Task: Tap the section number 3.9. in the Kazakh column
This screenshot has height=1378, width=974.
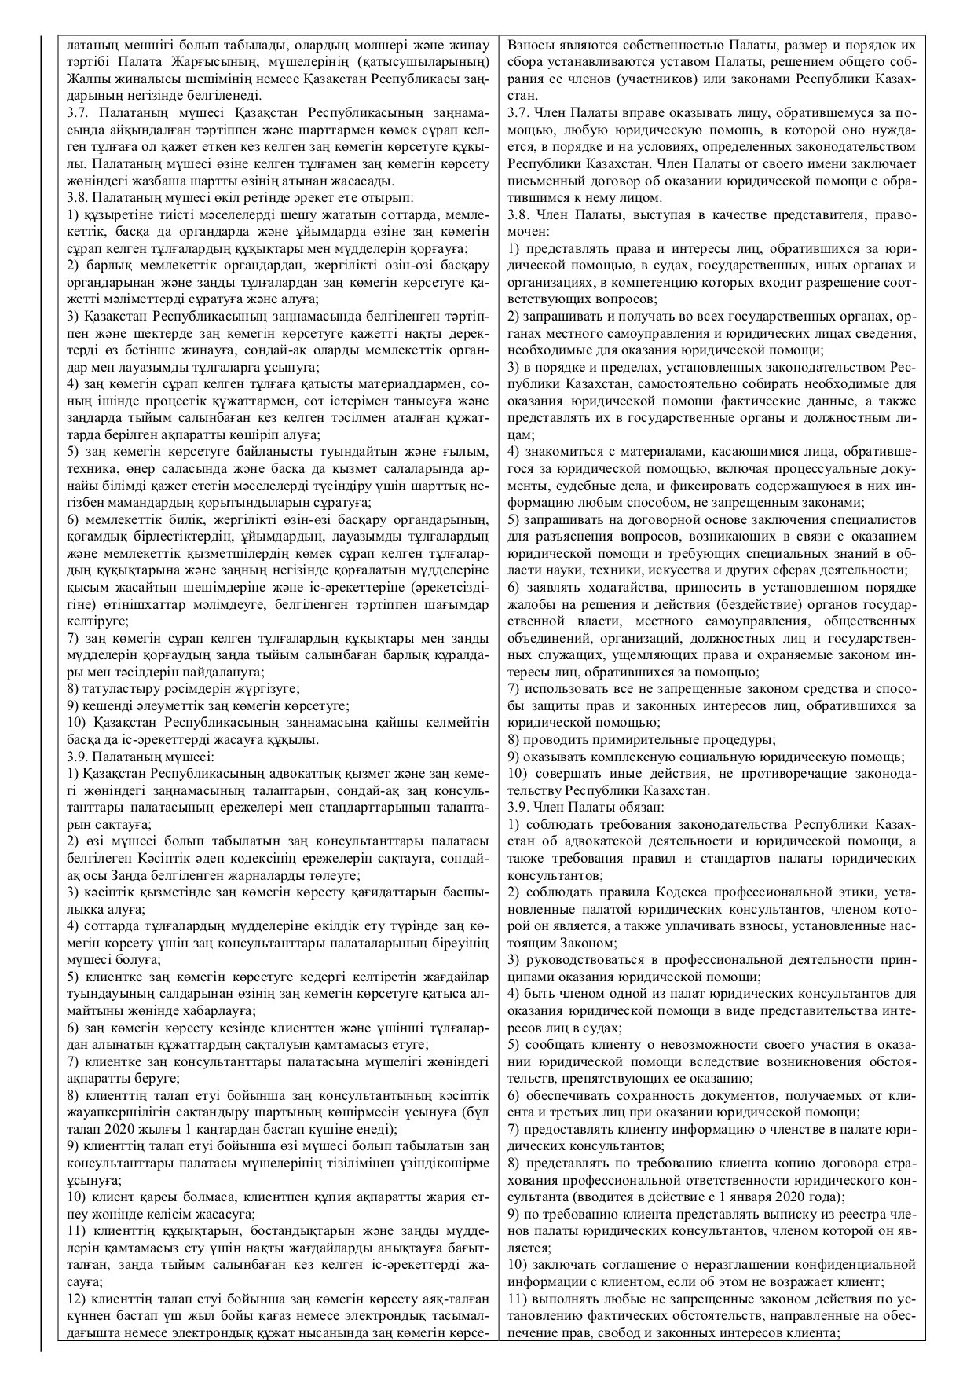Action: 80,757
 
